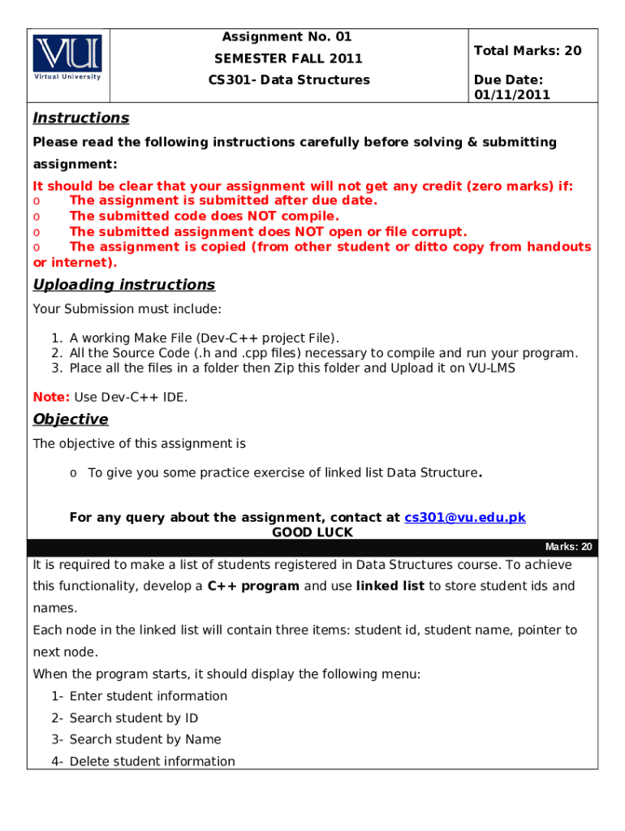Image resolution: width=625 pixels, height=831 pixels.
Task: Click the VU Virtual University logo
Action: (67, 57)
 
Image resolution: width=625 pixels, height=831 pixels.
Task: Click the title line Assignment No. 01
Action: (287, 37)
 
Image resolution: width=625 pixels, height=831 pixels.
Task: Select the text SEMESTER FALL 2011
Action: (288, 58)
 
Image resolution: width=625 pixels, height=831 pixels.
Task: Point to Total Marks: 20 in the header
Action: (528, 50)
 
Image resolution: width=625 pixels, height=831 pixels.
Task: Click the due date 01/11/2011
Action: (512, 94)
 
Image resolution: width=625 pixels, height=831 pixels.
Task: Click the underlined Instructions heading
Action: (80, 118)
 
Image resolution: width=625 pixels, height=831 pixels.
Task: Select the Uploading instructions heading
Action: (123, 284)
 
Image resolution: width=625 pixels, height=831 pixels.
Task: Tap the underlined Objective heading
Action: (70, 419)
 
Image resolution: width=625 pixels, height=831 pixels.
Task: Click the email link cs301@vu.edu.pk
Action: (465, 517)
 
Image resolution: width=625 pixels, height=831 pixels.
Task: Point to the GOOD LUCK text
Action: (312, 532)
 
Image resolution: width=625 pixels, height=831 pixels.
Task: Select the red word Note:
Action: (51, 397)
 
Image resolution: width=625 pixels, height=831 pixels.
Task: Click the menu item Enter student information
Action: (149, 695)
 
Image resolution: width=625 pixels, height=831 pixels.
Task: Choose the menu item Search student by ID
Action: (134, 717)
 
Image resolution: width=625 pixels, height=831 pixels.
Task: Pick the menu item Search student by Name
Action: (145, 739)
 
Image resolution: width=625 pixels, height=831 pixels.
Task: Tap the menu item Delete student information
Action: (153, 761)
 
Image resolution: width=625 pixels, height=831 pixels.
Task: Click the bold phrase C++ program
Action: (253, 586)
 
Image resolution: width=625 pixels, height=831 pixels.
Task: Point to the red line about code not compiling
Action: (205, 216)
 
